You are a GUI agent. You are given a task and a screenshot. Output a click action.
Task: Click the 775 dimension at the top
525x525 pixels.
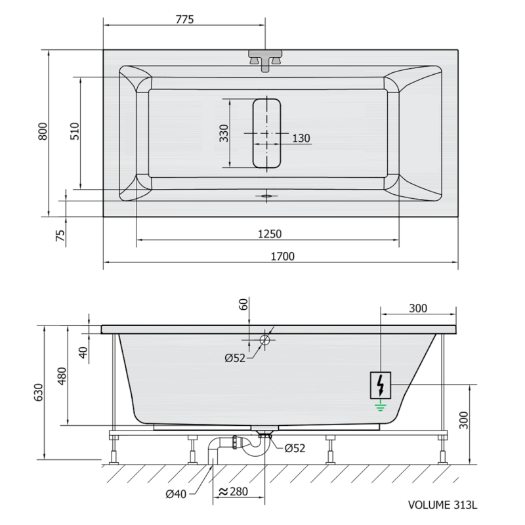(x=185, y=19)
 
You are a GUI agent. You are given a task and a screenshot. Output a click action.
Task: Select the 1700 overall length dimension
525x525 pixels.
(x=283, y=256)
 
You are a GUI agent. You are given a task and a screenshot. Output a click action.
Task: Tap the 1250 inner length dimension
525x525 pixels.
(x=270, y=234)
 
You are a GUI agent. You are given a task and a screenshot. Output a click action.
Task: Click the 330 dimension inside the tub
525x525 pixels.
(x=224, y=133)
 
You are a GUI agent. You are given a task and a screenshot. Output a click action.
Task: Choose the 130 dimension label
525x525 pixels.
(x=301, y=138)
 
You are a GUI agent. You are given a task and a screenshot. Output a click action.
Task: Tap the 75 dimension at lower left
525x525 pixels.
(x=60, y=235)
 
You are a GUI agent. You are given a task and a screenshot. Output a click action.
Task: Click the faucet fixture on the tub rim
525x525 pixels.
(x=265, y=60)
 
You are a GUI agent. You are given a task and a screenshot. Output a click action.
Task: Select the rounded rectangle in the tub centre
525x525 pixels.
(x=266, y=133)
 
